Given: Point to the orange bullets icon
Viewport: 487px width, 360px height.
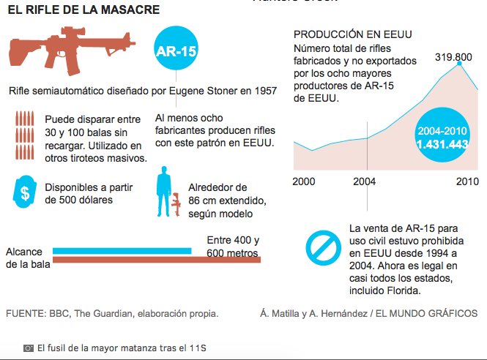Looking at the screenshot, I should tap(23, 135).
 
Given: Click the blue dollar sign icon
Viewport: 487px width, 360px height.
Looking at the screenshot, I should tap(24, 192).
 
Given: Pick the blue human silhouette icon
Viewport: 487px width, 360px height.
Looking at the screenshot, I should tap(163, 191).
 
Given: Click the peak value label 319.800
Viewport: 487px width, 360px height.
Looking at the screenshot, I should tap(453, 56).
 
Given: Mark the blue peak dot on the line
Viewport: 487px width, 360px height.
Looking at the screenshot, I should tap(460, 64).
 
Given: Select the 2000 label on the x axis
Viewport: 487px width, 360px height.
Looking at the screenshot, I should tap(305, 181).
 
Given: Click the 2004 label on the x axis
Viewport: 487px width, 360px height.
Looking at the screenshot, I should tap(366, 181).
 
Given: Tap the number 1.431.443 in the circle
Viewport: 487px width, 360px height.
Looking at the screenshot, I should tap(442, 144).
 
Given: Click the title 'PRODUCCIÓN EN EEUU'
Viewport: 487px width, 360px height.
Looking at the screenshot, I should tap(352, 35).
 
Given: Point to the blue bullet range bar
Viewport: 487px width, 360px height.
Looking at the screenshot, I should tap(122, 251).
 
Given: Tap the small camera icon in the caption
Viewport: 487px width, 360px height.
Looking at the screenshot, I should tap(29, 348).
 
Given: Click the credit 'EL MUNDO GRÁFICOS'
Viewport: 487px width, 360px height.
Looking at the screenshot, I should tap(426, 313).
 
